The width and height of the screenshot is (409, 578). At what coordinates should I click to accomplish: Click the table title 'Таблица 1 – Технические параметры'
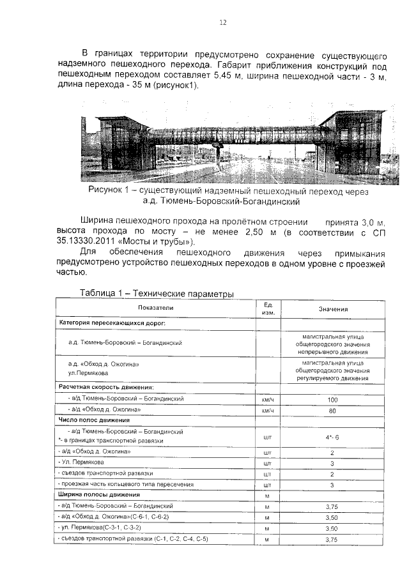point(157,293)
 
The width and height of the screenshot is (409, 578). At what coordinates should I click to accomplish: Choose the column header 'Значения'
point(333,308)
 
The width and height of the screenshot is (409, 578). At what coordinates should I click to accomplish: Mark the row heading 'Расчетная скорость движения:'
point(106,387)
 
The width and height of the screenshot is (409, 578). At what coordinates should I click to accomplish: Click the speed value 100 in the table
point(332,399)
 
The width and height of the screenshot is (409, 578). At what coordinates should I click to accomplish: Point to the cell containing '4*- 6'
point(332,437)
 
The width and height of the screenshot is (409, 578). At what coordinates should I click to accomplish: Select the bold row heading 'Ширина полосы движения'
point(99,495)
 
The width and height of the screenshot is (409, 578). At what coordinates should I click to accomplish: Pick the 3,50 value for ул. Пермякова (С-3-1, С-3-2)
point(332,529)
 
